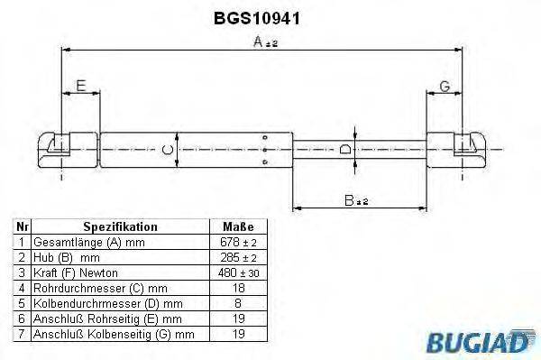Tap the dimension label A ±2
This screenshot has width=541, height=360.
(x=264, y=42)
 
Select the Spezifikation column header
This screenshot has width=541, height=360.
(x=120, y=227)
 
